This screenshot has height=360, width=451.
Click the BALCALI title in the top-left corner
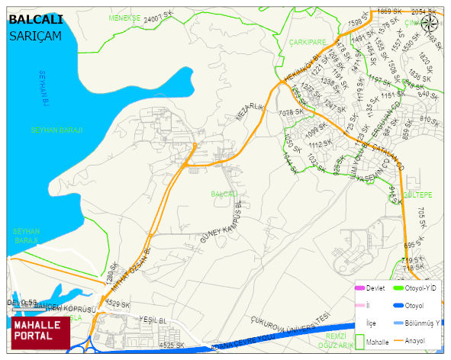pos(36,19)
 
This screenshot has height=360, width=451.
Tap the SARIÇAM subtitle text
pos(35,35)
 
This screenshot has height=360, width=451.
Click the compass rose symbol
pos(430,24)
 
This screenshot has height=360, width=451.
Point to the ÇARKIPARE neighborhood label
pos(308,42)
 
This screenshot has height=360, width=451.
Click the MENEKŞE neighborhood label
pos(125,17)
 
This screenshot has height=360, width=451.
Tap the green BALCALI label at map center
pos(224,194)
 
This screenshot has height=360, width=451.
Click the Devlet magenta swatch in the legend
pos(360,288)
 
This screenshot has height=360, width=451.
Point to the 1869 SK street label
pos(389,11)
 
